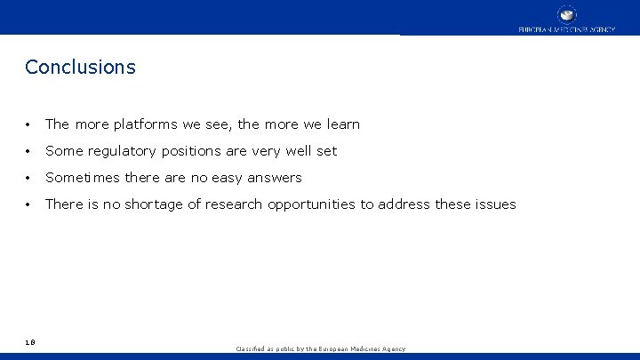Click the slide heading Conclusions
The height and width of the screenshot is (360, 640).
tap(80, 67)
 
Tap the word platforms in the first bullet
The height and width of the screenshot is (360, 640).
tap(144, 124)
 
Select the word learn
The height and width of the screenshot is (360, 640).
tap(342, 124)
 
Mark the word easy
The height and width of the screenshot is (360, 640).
tap(227, 178)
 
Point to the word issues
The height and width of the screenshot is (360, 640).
tap(493, 204)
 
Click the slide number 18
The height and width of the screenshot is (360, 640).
tap(30, 340)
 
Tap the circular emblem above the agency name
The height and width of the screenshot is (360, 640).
tap(566, 14)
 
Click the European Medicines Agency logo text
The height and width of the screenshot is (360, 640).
tap(566, 29)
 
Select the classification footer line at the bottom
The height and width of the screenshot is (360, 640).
tap(320, 349)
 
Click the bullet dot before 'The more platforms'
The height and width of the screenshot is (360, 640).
tap(30, 124)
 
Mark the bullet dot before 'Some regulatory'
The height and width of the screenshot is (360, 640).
tap(30, 151)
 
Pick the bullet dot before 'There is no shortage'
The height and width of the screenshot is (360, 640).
tap(30, 204)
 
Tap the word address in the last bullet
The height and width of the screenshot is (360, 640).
tap(404, 204)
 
